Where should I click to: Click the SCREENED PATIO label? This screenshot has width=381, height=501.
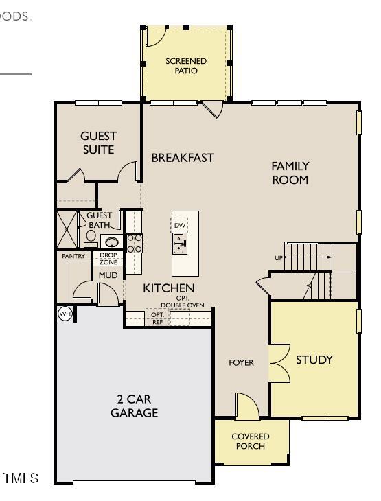[x=186, y=66]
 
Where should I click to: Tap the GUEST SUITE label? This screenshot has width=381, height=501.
[x=99, y=143]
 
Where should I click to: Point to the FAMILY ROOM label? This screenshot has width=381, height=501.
[x=290, y=173]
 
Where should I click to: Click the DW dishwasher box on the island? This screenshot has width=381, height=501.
[x=180, y=225]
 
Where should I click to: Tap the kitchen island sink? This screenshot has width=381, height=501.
[x=179, y=243]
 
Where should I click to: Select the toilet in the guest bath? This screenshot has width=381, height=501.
[x=91, y=238]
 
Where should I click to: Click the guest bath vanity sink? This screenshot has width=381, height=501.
[x=111, y=242]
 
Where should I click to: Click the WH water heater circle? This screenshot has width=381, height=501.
[x=65, y=314]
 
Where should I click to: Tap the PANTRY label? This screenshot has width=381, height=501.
[x=73, y=257]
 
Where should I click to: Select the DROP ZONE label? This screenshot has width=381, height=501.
[x=108, y=259]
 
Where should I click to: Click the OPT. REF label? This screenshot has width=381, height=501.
[x=158, y=318]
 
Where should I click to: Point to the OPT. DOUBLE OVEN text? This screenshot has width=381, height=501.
[x=183, y=302]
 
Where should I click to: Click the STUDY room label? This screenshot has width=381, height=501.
[x=314, y=360]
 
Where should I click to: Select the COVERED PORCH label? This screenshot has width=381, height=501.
[x=250, y=441]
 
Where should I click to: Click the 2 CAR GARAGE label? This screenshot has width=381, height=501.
[x=134, y=406]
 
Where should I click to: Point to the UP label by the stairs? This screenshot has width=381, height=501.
[x=279, y=258]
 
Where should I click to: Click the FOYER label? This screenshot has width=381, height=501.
[x=241, y=362]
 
